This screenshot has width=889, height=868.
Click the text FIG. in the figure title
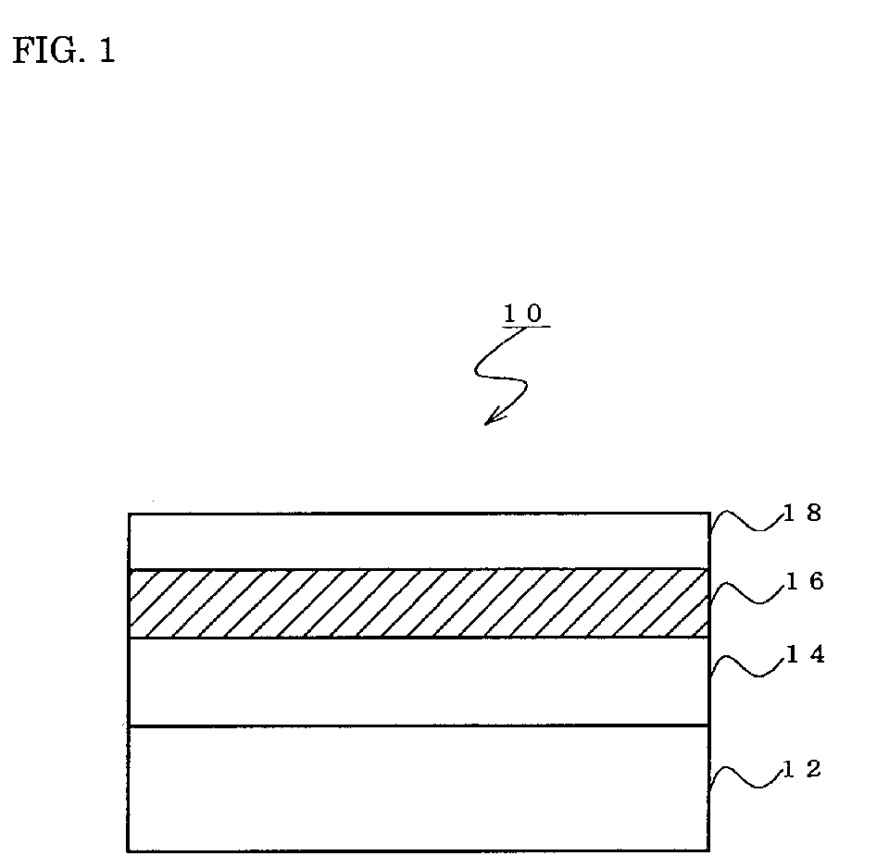(x=48, y=50)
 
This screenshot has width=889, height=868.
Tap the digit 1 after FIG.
(x=107, y=50)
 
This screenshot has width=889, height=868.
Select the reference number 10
(x=523, y=313)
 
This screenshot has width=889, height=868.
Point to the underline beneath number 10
(x=526, y=327)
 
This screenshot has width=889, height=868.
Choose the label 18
(x=802, y=513)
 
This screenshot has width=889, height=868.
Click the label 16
(x=805, y=581)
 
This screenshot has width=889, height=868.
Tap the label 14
(x=805, y=654)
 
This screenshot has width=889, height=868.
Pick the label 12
(x=802, y=769)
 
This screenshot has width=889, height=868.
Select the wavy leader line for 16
(x=748, y=592)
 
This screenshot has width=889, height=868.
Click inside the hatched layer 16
(x=419, y=603)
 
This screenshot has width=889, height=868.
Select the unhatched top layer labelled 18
(x=419, y=541)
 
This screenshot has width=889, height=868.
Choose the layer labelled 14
(x=419, y=682)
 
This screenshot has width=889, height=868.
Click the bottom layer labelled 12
(x=419, y=788)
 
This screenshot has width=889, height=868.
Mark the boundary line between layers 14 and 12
(x=419, y=725)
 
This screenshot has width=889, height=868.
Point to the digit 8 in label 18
(x=814, y=513)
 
